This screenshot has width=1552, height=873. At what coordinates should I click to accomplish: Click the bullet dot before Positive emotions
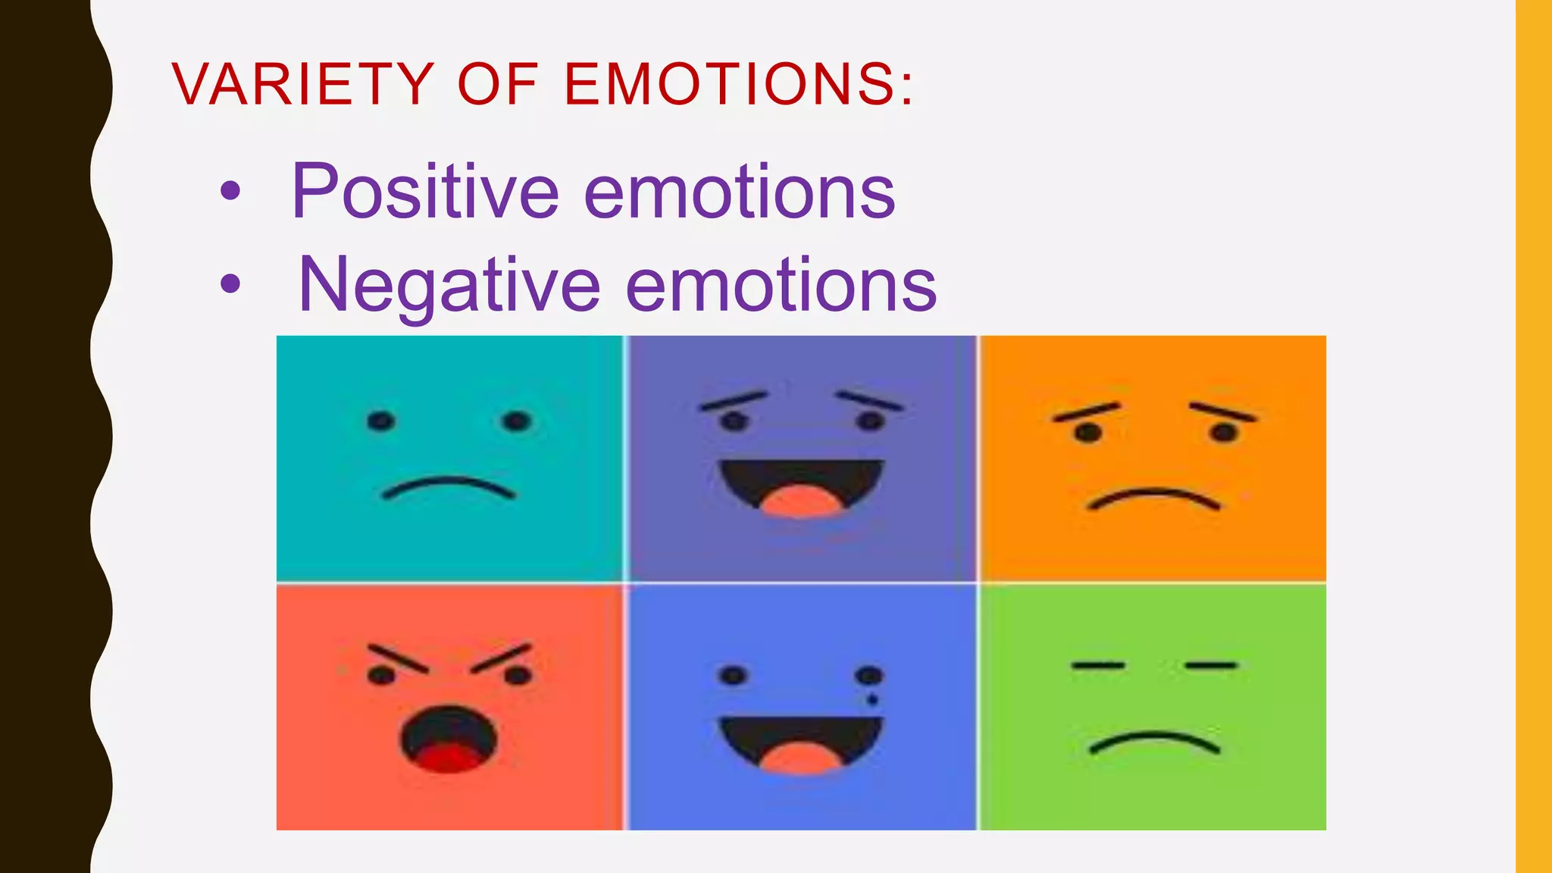tap(230, 192)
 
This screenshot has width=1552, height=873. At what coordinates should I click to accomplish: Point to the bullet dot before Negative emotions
tap(230, 285)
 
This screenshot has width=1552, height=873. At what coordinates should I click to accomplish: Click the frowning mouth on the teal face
tap(449, 487)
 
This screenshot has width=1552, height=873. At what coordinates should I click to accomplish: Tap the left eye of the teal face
tap(380, 421)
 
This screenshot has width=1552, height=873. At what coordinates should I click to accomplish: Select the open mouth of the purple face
tap(801, 486)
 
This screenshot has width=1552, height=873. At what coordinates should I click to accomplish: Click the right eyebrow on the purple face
tap(869, 400)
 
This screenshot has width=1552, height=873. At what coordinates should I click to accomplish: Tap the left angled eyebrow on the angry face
tap(398, 659)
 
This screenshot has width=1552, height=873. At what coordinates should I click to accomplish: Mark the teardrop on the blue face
tap(871, 699)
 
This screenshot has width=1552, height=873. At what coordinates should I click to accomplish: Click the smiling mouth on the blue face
tap(801, 743)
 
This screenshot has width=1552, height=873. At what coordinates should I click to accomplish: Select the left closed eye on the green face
tap(1097, 665)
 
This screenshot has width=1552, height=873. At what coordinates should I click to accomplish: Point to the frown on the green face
tap(1153, 740)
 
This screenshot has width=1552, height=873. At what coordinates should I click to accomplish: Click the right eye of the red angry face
tap(518, 674)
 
